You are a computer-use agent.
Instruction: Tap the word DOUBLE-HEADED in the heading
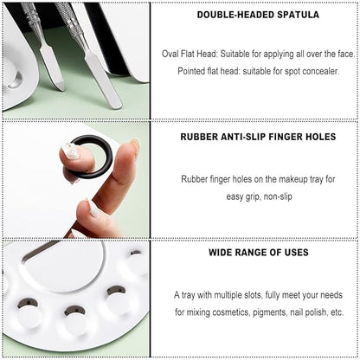(x=235, y=15)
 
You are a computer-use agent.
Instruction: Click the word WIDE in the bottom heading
(x=221, y=253)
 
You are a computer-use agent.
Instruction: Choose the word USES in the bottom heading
(x=296, y=253)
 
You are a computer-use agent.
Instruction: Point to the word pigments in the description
(x=270, y=312)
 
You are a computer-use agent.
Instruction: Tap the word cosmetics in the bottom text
(x=231, y=312)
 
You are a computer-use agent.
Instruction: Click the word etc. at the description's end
(x=337, y=312)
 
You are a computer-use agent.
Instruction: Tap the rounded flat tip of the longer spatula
(x=115, y=102)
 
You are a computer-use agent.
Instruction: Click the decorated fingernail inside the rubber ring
(x=73, y=151)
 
